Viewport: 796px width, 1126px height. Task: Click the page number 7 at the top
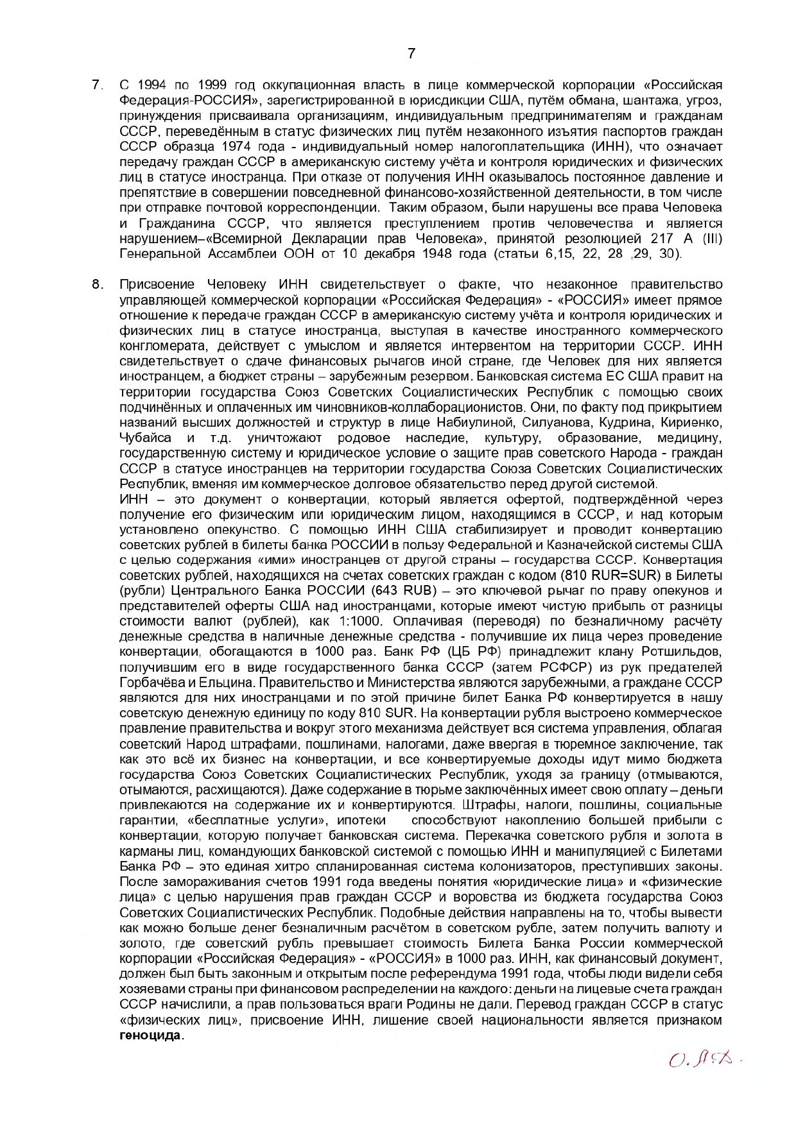pos(411,54)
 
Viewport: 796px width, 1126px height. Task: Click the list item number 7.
pos(97,85)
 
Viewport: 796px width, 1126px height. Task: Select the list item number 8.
pos(97,285)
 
